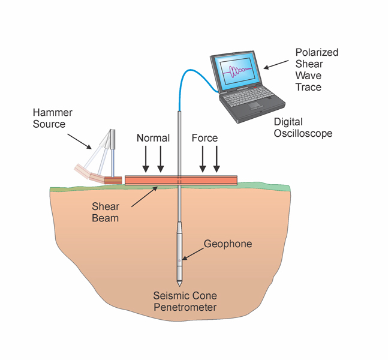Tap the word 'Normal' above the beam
pos(153,138)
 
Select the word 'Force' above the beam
pos(204,138)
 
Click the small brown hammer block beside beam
pos(113,179)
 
